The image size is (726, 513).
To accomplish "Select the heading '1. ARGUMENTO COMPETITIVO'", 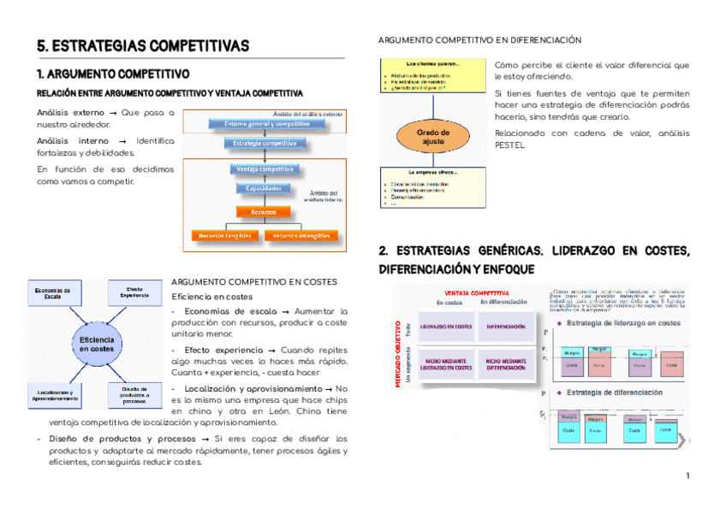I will [x=113, y=74].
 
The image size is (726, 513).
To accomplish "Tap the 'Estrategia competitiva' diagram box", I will [x=265, y=144].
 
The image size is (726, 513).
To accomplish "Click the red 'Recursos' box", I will [x=264, y=211].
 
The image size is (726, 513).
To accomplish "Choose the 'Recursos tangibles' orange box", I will [x=225, y=235].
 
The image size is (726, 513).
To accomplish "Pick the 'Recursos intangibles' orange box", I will [x=300, y=235].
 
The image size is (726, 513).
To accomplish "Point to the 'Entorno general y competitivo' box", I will [x=265, y=123].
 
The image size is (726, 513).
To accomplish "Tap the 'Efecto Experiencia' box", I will [x=137, y=292].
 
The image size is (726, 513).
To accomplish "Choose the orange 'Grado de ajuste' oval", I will [x=433, y=137].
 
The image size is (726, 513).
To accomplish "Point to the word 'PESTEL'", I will [x=509, y=144].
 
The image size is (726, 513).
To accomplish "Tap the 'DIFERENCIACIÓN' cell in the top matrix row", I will [x=505, y=327].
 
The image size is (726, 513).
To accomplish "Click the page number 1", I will [x=687, y=475].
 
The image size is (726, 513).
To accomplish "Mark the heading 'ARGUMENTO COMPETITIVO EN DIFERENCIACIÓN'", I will [x=479, y=40].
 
